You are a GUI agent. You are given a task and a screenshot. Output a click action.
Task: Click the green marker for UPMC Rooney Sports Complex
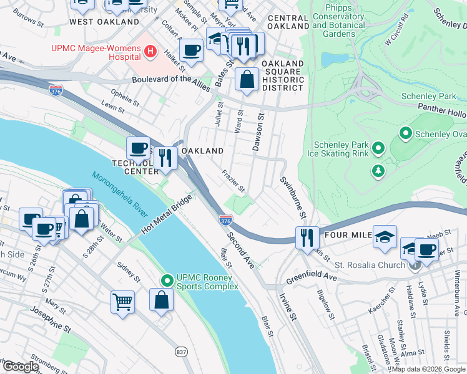point(166,282)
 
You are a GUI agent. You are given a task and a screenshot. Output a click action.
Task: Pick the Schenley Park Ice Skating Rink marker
point(378,148)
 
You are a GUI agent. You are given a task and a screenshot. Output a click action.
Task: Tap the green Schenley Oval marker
point(405,133)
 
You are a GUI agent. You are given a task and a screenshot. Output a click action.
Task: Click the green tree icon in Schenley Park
point(378,171)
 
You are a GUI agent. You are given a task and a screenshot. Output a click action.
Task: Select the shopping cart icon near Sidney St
point(122,301)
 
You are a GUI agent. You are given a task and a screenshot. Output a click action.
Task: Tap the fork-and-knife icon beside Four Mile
point(307,237)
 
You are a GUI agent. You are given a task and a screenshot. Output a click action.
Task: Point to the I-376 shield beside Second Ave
point(226,221)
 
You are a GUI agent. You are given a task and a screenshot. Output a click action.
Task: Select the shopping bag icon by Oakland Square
point(247,79)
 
